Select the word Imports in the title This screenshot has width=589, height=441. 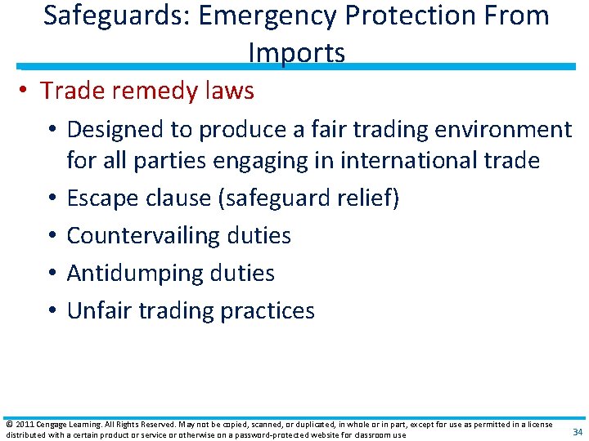coord(296,53)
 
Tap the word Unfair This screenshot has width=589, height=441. coord(102,310)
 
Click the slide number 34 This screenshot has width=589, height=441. coord(578,431)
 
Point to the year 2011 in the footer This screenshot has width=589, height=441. coord(25,425)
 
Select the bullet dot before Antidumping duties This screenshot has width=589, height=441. coord(52,274)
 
